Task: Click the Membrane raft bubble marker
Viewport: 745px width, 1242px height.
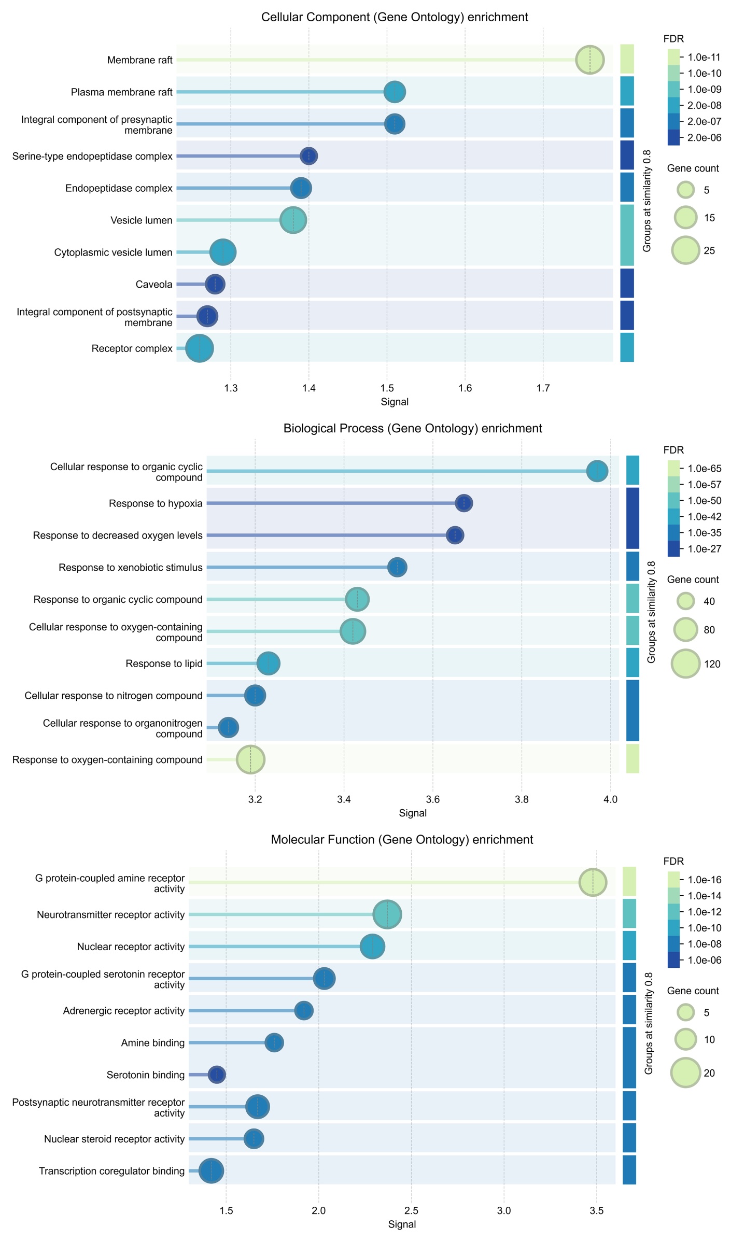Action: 589,60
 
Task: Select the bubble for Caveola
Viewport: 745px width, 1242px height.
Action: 215,284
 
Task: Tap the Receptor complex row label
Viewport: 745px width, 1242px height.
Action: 132,348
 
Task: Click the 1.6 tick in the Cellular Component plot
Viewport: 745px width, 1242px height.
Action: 465,388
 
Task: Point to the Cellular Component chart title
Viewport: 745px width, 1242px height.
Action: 395,17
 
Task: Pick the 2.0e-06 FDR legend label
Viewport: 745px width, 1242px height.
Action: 704,137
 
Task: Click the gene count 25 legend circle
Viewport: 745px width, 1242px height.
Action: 686,250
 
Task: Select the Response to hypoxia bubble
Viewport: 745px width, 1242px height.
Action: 463,503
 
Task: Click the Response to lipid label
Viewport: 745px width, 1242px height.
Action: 164,664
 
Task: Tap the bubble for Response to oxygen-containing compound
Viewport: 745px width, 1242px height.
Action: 250,759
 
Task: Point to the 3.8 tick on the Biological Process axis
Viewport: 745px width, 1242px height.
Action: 522,799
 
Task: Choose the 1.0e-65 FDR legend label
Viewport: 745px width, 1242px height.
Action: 704,469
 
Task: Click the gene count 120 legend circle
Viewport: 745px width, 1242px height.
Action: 686,664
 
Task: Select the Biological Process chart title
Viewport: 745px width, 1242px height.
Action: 413,429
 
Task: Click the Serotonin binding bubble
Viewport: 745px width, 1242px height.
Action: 217,1075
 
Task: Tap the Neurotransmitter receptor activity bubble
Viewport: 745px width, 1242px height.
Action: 387,915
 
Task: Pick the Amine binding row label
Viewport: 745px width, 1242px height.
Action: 152,1042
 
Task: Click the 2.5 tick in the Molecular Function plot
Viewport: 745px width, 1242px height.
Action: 411,1210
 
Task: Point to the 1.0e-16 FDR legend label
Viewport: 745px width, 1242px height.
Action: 704,880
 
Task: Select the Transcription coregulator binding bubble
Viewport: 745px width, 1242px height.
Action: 211,1170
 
